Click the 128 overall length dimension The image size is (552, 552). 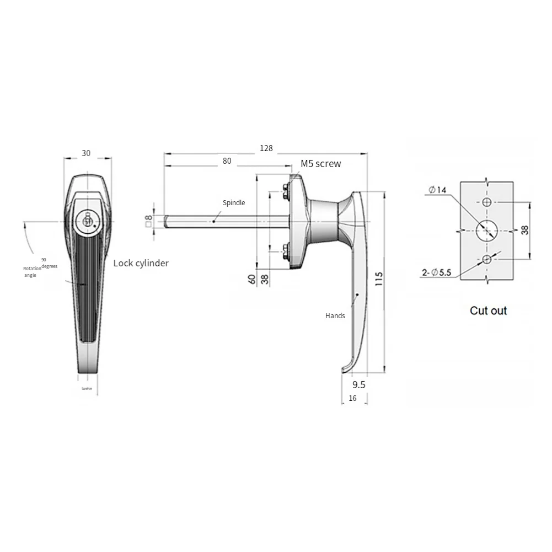coord(267,148)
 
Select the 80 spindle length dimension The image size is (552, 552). coord(227,161)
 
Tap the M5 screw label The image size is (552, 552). coord(320,164)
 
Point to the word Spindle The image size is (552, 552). coord(234,203)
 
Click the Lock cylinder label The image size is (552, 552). coord(141,263)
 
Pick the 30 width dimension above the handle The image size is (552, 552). coord(86,153)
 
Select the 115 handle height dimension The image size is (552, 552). coord(378,278)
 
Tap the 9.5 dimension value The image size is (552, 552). coord(358,384)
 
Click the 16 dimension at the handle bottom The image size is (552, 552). coord(352,398)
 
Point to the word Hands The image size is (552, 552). coord(335,316)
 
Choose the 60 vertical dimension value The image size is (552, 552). coord(252,279)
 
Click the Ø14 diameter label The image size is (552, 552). coord(437,190)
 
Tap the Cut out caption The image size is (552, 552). coord(488,310)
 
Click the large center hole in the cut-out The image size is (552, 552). coord(487,230)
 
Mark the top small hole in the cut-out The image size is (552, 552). coord(487,202)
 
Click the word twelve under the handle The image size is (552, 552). coord(87,389)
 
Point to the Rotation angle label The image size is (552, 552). coord(32,271)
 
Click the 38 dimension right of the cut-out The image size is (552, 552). coord(524,230)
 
